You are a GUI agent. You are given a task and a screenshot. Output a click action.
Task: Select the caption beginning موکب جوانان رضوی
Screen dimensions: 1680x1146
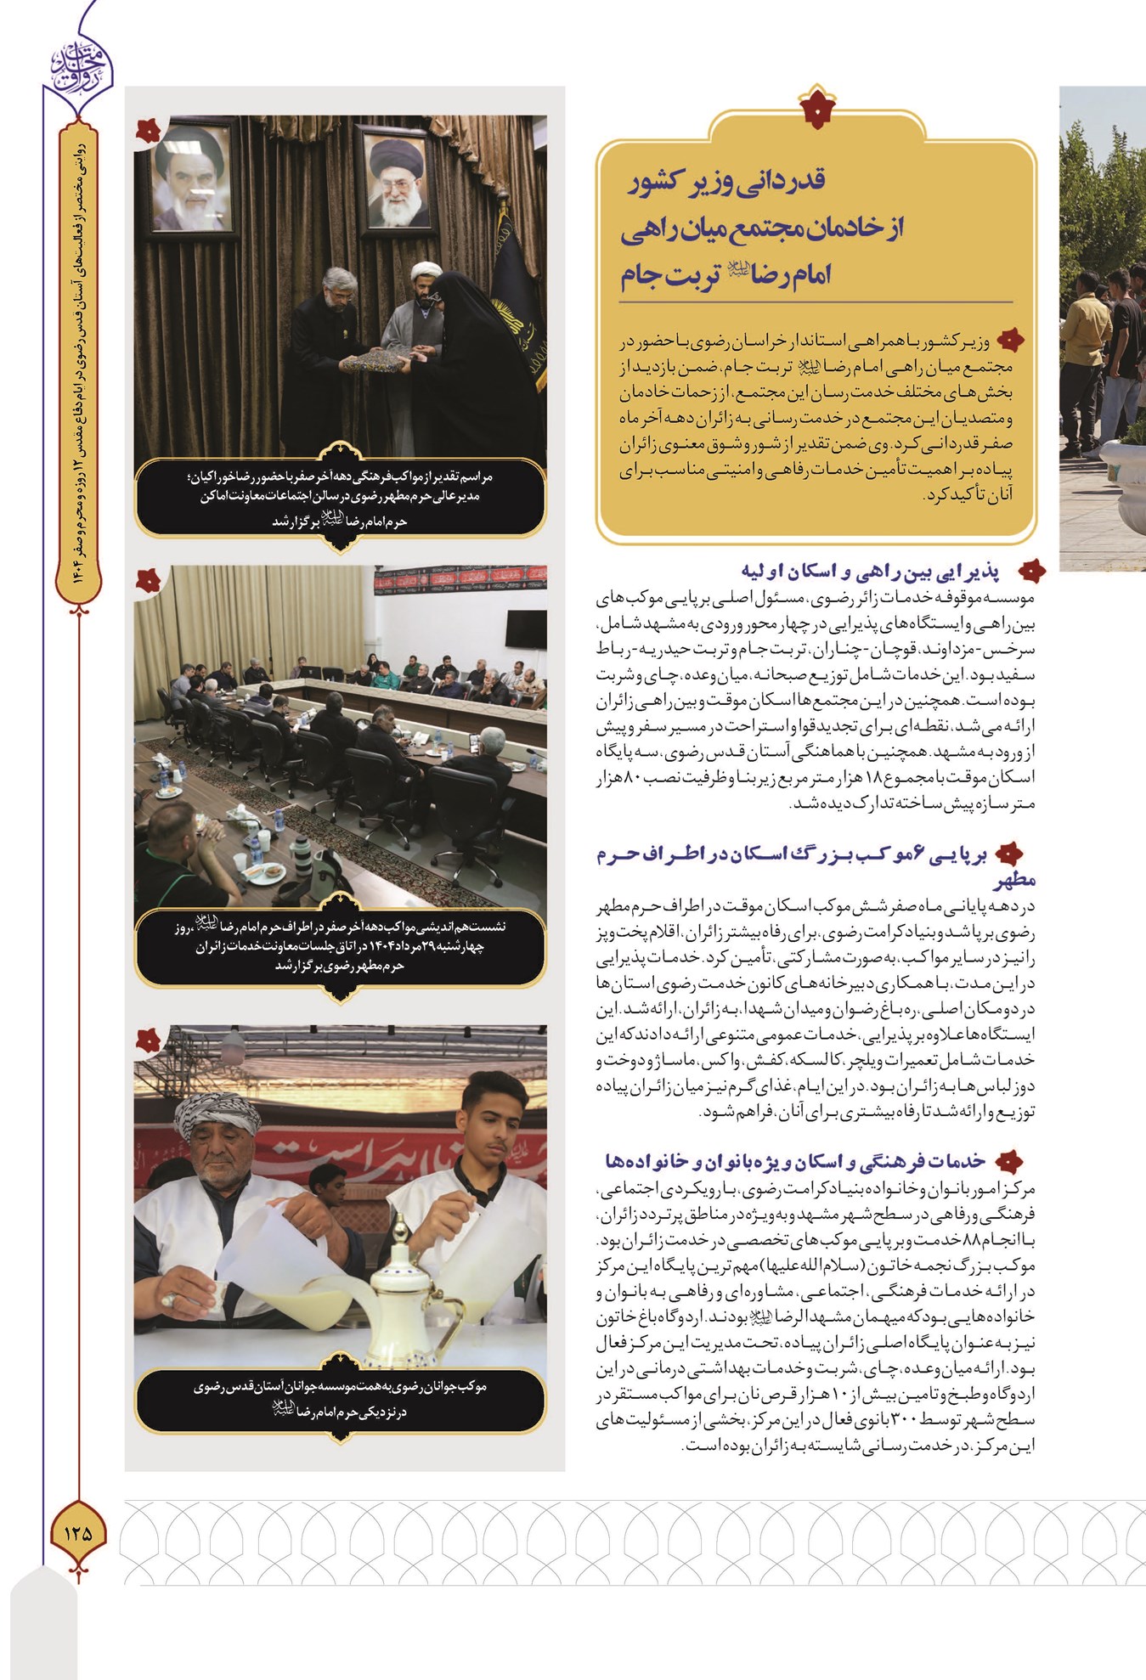(x=340, y=1399)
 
